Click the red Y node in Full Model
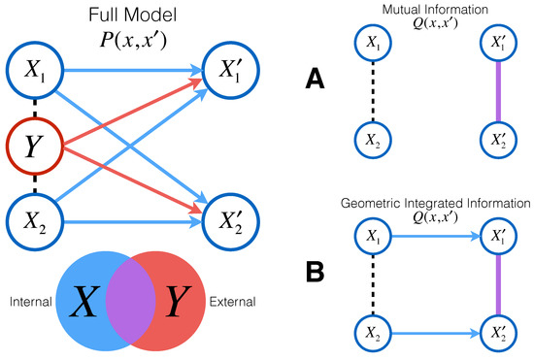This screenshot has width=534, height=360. (x=35, y=147)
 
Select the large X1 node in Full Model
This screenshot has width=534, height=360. (x=35, y=71)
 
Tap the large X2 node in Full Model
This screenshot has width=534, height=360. (x=35, y=222)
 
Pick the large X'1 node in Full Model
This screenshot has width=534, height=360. (x=231, y=71)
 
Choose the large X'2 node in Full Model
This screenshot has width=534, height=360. (x=231, y=222)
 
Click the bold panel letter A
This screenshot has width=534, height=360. (x=315, y=78)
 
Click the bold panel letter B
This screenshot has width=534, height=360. (x=315, y=272)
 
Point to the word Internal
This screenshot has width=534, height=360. (x=31, y=302)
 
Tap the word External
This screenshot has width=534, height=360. (x=232, y=302)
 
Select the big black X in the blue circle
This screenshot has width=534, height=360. (x=84, y=301)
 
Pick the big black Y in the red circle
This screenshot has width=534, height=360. (x=178, y=301)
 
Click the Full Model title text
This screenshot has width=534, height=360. (x=133, y=15)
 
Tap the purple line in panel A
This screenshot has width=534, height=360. (x=499, y=91)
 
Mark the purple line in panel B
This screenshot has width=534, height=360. (x=499, y=285)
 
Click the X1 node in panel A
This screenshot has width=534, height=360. (x=373, y=43)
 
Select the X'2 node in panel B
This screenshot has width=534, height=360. (x=499, y=334)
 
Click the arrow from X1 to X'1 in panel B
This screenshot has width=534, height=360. (x=436, y=236)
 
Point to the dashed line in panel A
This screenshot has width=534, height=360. (x=373, y=91)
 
